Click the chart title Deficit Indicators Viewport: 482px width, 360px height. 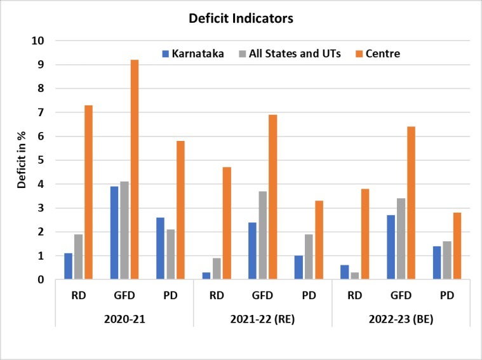point(241,19)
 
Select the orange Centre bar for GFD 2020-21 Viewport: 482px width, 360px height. point(135,170)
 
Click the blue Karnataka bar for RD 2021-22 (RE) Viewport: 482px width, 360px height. point(206,276)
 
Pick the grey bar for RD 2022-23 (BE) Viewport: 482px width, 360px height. point(354,276)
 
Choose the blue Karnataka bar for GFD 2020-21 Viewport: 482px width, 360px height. point(114,232)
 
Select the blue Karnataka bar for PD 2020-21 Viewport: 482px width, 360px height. point(160,248)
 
